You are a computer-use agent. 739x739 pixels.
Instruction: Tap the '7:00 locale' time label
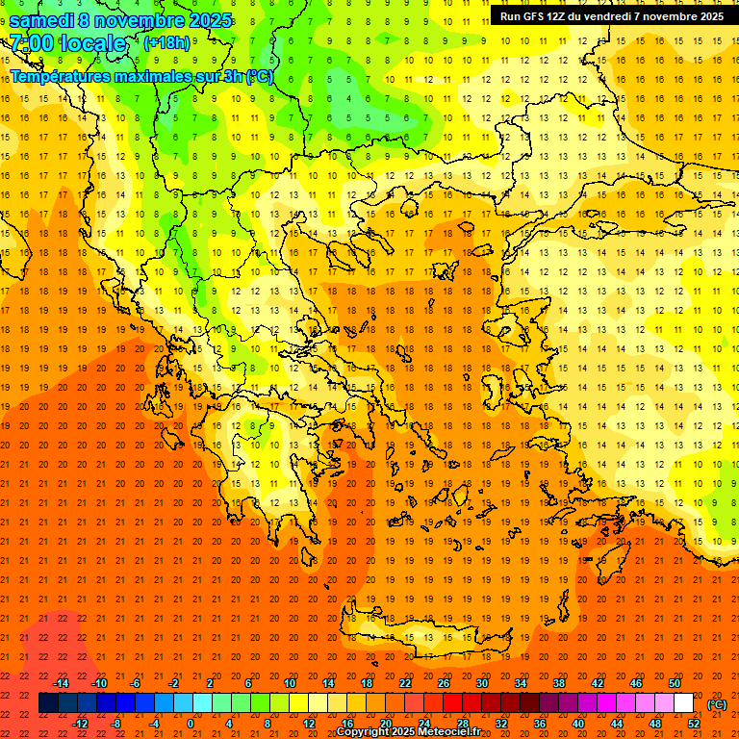tap(67, 43)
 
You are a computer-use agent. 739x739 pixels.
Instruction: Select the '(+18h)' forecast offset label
tap(166, 43)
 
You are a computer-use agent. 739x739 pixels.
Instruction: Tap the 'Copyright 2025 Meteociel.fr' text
tap(408, 731)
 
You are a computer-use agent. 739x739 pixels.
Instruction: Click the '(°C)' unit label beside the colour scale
tap(716, 703)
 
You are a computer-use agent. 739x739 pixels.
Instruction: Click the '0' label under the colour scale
tap(190, 724)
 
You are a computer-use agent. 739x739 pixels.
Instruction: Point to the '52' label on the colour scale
tap(694, 724)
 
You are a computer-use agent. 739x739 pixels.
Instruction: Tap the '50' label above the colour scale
tap(675, 683)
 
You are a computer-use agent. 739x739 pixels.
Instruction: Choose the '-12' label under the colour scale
tap(81, 724)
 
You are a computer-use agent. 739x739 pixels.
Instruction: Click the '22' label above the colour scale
tap(405, 683)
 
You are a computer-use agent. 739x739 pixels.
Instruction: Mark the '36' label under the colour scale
tap(540, 724)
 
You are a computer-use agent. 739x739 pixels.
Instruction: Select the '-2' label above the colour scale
tap(174, 683)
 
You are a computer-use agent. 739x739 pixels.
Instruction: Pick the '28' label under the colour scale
tap(463, 724)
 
